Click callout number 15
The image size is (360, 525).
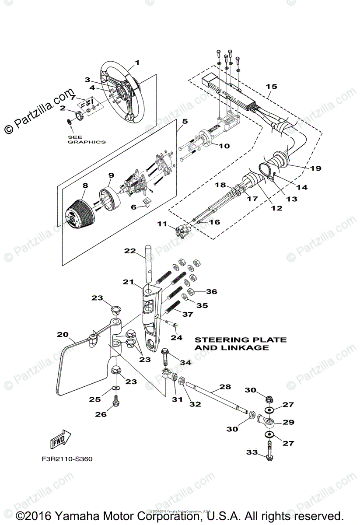click(271, 87)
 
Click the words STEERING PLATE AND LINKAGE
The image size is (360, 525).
click(240, 343)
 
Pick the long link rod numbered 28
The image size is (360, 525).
click(214, 396)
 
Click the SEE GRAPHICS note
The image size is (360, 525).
click(87, 139)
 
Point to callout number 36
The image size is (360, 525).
click(211, 291)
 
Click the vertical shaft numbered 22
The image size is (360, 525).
click(149, 267)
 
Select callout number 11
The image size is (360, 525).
click(162, 224)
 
